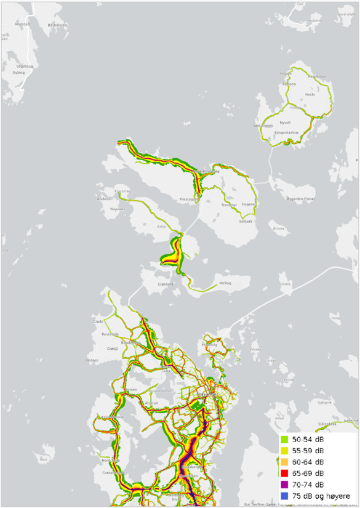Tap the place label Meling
tap(225, 283)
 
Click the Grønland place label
tap(167, 284)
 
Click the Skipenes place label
tap(117, 209)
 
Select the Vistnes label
tap(92, 359)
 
